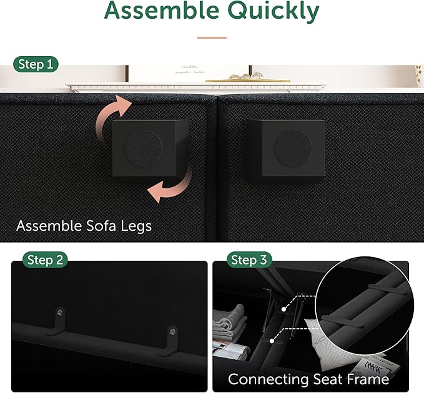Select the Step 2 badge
coord(46,260)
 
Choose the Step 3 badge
coord(248,260)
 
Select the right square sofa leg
coord(286,149)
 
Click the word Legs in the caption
coord(134,225)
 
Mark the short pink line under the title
coord(212,37)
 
